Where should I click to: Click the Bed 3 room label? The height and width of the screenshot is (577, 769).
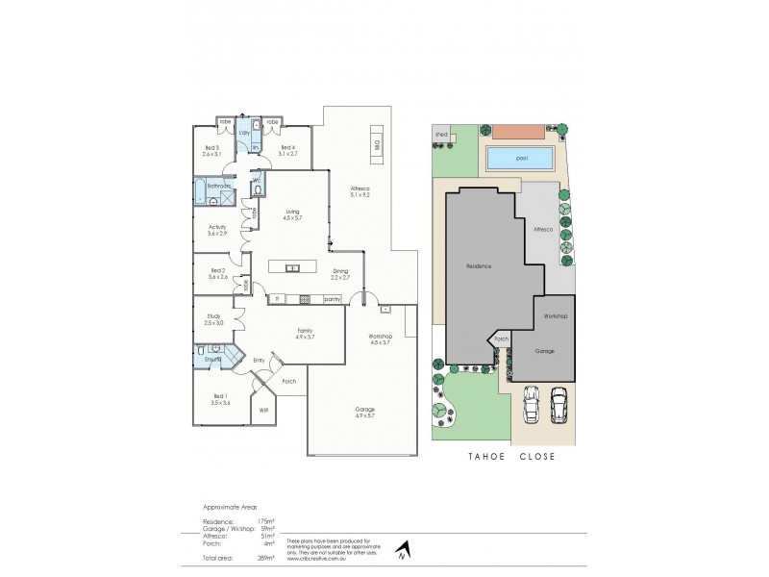tap(212, 150)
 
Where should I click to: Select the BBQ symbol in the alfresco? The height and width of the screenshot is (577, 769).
tap(377, 146)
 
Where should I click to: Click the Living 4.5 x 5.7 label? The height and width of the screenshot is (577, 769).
tap(293, 216)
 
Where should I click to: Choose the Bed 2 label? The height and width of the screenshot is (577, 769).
tap(217, 274)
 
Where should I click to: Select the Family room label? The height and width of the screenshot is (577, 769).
tap(305, 335)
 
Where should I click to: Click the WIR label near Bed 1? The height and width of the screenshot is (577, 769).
tap(263, 410)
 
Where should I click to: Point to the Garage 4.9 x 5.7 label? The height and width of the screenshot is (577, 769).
tap(363, 412)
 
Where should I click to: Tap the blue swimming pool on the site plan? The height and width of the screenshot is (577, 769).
tap(521, 158)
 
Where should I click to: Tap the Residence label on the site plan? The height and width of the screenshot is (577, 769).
tap(480, 265)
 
